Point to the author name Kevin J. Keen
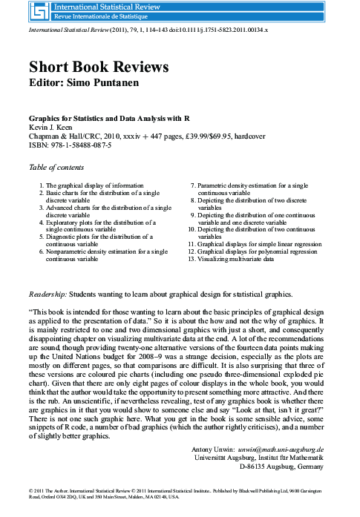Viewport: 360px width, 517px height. click(50, 128)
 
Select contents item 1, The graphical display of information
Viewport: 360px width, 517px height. click(94, 185)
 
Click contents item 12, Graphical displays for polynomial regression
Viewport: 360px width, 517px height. click(252, 251)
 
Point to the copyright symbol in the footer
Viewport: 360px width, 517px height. click(30, 491)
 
